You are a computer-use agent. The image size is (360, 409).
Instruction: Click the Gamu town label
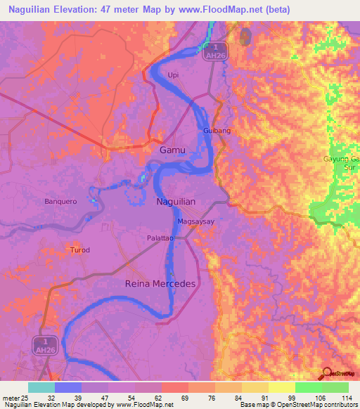click(x=172, y=150)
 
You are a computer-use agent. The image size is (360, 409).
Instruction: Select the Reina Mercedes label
click(x=160, y=283)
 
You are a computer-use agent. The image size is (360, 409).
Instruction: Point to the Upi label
click(x=174, y=74)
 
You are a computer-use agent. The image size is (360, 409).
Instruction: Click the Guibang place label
click(x=217, y=131)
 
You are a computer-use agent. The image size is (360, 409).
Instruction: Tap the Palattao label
click(x=161, y=238)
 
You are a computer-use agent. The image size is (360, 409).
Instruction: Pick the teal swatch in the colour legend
click(x=41, y=387)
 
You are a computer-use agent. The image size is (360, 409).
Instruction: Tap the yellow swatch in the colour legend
click(x=281, y=387)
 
